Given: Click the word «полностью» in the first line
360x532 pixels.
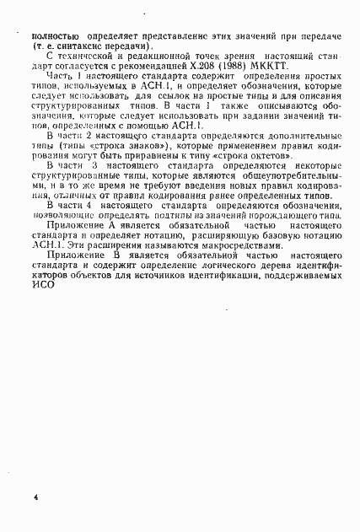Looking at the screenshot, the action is (x=55, y=37).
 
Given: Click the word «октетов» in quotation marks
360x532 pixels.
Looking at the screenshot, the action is (x=298, y=154).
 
